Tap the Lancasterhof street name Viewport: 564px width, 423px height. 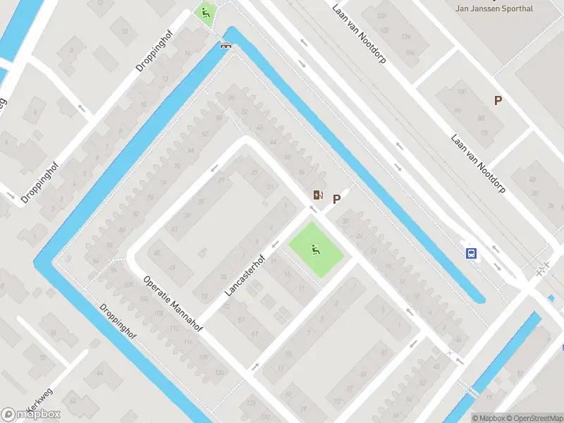pos(244,274)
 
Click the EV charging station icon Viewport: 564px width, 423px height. pos(319,195)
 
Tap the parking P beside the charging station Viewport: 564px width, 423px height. pos(336,199)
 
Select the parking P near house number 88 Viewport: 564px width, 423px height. pos(498,101)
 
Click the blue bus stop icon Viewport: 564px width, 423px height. pos(470,253)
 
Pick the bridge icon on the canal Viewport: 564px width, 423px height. pos(226,45)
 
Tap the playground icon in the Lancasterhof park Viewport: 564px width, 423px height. pos(315,248)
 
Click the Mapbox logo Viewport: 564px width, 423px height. pos(31,415)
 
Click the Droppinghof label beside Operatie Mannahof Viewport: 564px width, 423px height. pos(117,321)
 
